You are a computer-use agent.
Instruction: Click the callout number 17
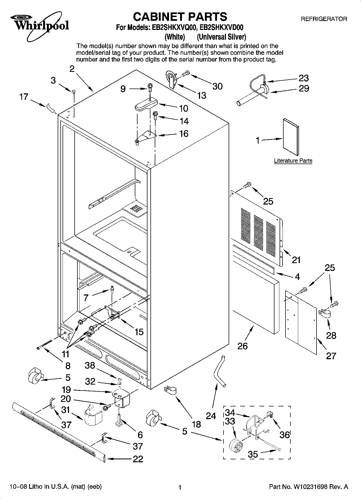[24, 97]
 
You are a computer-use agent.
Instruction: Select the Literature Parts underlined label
[293, 161]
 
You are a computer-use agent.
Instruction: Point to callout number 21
[296, 260]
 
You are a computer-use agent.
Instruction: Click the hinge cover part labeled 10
[146, 104]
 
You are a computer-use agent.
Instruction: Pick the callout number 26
[242, 346]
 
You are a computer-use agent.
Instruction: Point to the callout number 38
[90, 365]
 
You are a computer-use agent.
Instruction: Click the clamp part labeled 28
[325, 314]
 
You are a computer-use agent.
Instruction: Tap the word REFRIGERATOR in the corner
[324, 19]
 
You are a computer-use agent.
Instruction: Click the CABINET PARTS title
[180, 16]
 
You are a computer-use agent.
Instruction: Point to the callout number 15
[139, 332]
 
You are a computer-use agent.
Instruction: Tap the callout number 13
[201, 95]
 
